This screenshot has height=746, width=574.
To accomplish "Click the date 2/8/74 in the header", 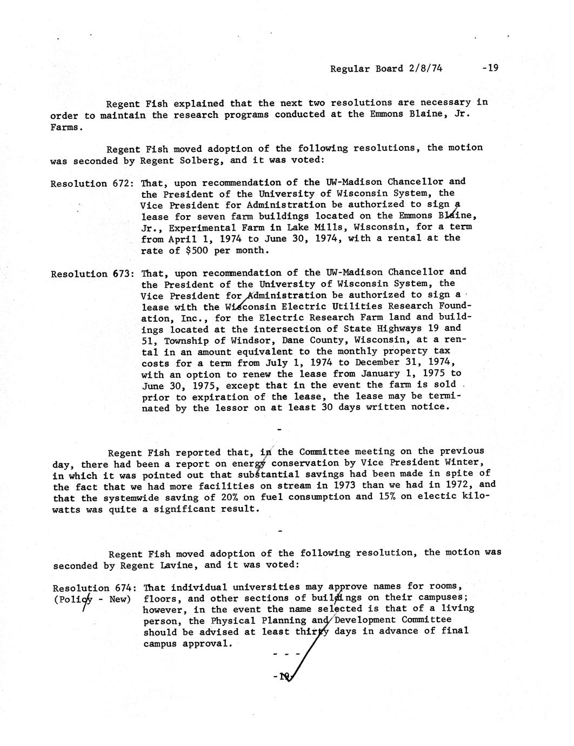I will click(425, 69).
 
